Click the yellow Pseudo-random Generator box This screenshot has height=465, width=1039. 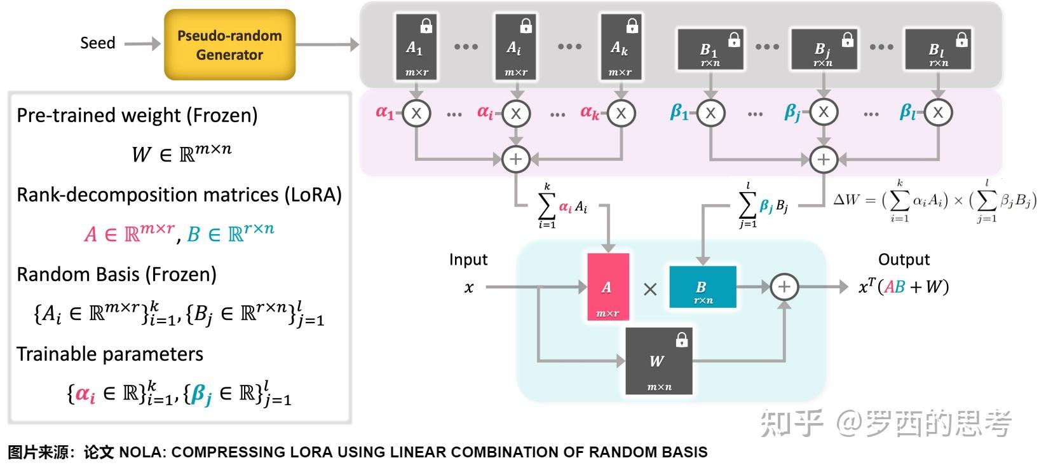[x=229, y=45]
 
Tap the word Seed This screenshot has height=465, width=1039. [x=97, y=43]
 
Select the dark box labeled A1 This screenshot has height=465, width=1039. [x=416, y=47]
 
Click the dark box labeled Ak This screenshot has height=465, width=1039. [x=620, y=47]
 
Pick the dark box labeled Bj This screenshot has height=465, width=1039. [x=823, y=50]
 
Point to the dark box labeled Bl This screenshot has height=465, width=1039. [x=938, y=50]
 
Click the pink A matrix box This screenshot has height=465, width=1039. [x=608, y=287]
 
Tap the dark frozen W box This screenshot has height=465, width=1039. [x=658, y=361]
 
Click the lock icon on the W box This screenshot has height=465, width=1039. [x=682, y=340]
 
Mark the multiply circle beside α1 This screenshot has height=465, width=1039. [x=416, y=113]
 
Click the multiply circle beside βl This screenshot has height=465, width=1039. [x=938, y=113]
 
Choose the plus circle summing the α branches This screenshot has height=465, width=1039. [x=515, y=159]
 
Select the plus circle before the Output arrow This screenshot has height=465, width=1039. [x=784, y=287]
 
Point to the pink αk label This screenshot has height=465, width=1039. [x=589, y=113]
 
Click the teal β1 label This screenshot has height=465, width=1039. [x=679, y=113]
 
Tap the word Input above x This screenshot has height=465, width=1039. [x=468, y=260]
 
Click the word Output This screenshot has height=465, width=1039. [x=903, y=260]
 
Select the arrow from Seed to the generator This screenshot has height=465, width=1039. [x=142, y=44]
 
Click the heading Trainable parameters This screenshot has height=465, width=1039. [x=110, y=354]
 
